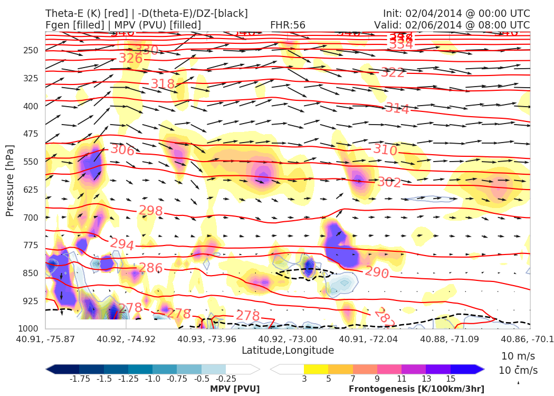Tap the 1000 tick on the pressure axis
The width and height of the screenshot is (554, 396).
(x=30, y=329)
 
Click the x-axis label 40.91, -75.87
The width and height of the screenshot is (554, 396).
(x=45, y=339)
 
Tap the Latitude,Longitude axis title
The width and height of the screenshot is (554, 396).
(x=288, y=351)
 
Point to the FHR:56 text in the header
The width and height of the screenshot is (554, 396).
(x=288, y=25)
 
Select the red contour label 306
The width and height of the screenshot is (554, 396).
(x=122, y=149)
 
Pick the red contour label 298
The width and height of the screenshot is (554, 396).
(x=150, y=211)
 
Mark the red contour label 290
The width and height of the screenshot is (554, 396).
(x=377, y=272)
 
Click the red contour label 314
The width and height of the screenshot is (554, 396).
(x=397, y=109)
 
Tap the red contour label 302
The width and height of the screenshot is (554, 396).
(x=389, y=183)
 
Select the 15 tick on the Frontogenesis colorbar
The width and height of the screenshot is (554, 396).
(x=450, y=379)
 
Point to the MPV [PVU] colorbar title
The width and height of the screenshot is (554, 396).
(x=235, y=389)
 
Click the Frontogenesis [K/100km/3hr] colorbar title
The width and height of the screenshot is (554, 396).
(x=416, y=389)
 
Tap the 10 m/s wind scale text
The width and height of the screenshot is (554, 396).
(x=515, y=356)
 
